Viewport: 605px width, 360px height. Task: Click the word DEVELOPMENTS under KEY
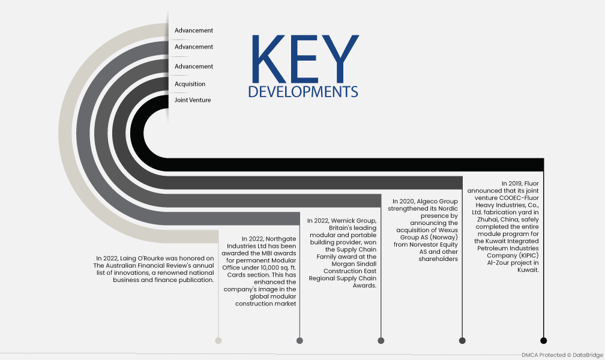[x=303, y=92]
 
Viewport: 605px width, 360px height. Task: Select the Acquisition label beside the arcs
[x=190, y=84]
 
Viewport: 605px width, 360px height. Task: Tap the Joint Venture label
[x=193, y=100]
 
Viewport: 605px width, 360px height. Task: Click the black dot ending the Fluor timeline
[x=543, y=340]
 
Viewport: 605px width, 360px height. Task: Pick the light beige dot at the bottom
[x=218, y=340]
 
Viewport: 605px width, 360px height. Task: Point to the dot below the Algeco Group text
[x=462, y=340]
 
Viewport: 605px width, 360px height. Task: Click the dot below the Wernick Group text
[x=381, y=340]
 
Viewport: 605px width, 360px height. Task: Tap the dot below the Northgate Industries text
[x=299, y=340]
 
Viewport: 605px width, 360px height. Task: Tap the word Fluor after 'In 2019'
[x=531, y=184]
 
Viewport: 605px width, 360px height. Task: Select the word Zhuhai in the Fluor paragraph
[x=487, y=220]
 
